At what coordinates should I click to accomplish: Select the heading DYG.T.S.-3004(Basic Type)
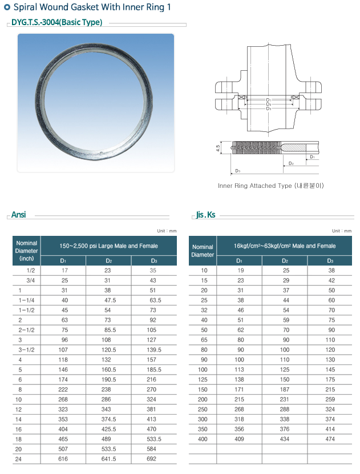[56, 22]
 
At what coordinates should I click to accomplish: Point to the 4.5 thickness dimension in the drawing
[218, 147]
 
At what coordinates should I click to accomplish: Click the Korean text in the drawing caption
[309, 186]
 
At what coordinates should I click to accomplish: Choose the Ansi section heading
[19, 215]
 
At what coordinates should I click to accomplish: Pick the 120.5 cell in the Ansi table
[108, 348]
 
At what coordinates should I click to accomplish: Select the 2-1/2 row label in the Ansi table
[26, 330]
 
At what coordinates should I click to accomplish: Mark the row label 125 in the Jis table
[204, 379]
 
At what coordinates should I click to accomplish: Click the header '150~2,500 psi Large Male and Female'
[108, 246]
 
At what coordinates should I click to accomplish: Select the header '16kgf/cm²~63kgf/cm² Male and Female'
[285, 246]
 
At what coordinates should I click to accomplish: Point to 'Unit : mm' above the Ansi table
[167, 231]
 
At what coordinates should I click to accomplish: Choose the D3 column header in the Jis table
[330, 260]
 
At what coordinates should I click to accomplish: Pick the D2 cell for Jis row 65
[285, 339]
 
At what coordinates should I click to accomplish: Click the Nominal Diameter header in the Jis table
[203, 251]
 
